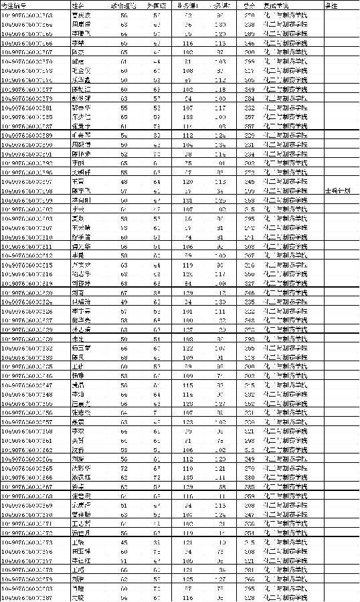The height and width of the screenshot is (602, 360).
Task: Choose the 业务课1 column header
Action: coord(187,5)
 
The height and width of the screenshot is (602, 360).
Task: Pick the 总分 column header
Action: coord(249,5)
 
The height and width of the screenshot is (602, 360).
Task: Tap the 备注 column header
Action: coord(331,5)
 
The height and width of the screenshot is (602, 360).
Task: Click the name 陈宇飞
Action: coord(80,190)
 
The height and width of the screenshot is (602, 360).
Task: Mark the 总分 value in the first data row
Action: coord(249,14)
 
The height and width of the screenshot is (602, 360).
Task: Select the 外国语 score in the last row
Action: coord(157,597)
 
